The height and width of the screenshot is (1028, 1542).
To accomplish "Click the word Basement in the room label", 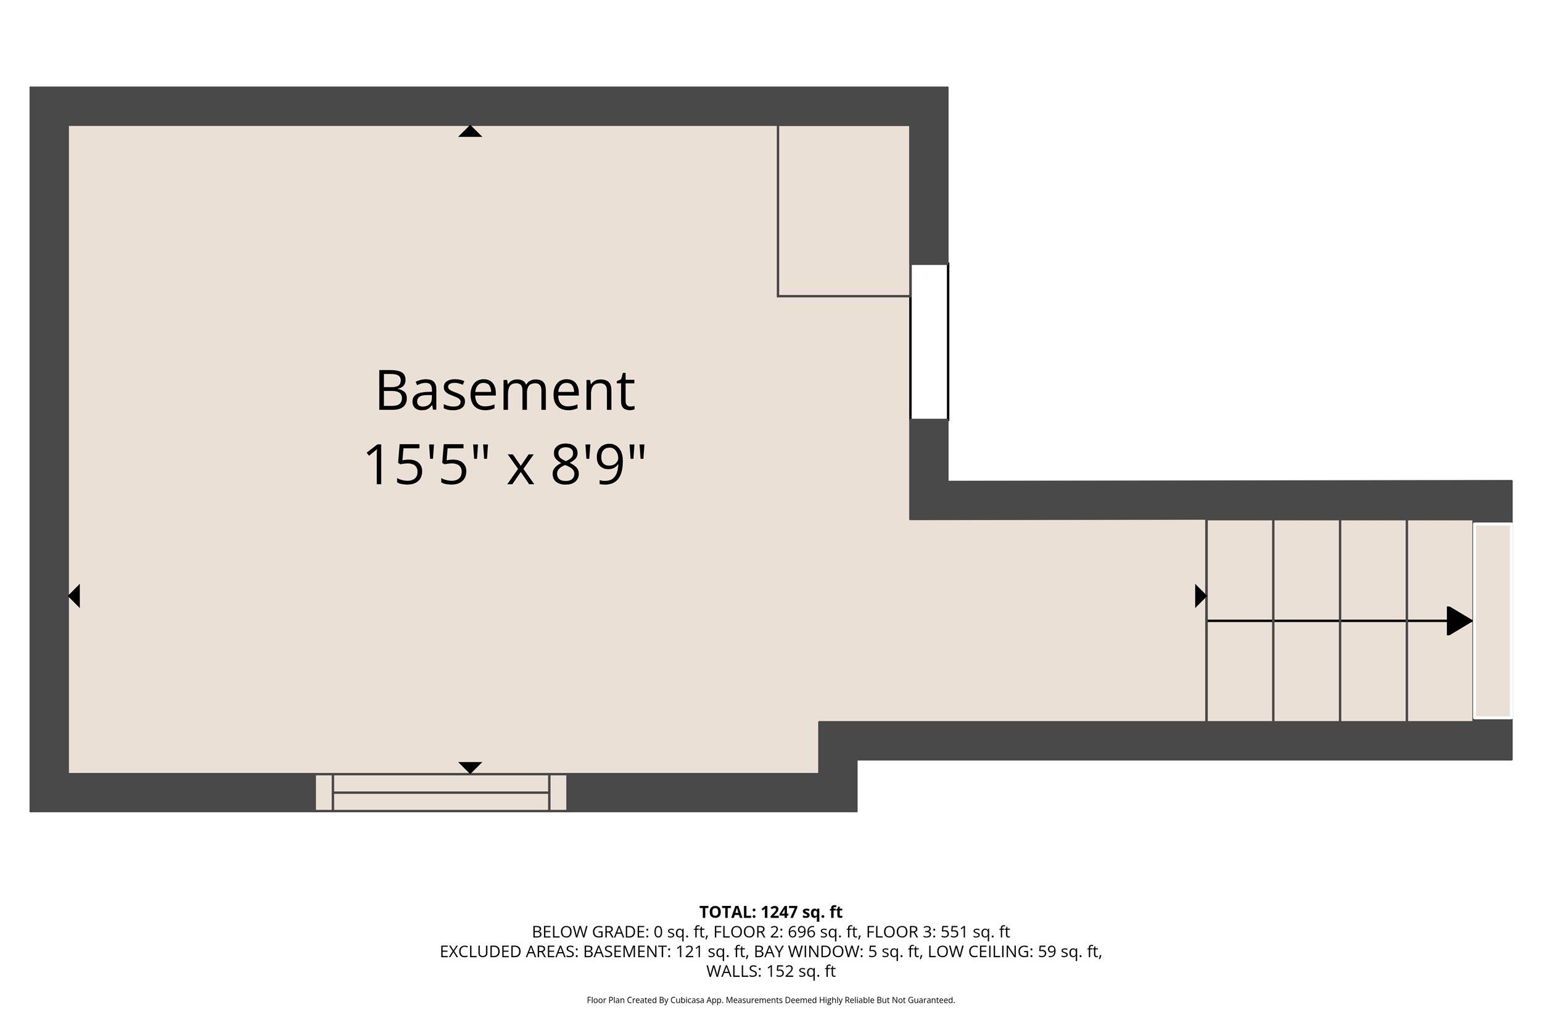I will point(505,392).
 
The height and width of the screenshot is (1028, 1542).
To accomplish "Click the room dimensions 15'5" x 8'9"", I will point(505,466).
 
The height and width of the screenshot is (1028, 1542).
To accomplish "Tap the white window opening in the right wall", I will point(929,342).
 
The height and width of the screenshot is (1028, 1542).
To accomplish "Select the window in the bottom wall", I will point(440,792).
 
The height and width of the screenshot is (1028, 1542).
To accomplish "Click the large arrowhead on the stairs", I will point(1459,620).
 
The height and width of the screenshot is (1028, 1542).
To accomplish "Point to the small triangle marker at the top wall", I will point(470,132).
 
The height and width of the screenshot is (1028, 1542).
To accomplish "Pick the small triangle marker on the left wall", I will point(75,596).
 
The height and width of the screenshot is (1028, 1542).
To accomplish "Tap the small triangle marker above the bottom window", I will point(470,767).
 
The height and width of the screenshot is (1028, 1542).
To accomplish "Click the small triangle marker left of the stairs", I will point(1200,596).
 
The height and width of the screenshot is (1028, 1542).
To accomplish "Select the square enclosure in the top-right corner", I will point(843,210).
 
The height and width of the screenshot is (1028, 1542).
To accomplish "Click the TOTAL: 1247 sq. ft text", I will point(770,912).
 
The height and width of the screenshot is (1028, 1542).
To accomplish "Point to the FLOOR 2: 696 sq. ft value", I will point(786,932).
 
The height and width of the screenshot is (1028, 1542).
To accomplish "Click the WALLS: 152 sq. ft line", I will point(770,971).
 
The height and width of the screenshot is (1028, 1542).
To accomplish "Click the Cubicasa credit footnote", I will point(770,1000).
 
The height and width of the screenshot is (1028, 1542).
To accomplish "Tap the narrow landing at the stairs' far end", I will point(1493,620).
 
